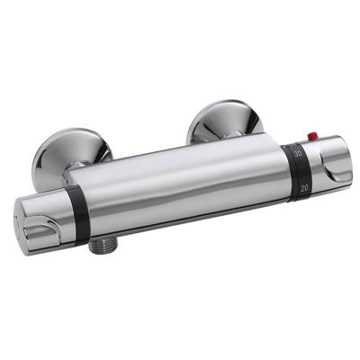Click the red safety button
click(x=312, y=137)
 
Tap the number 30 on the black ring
click(x=298, y=155)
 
